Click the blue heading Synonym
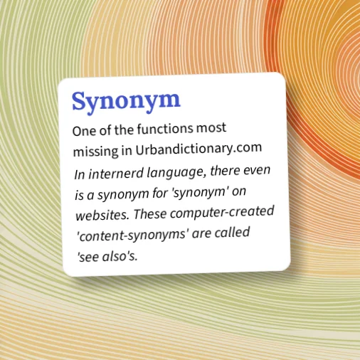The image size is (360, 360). point(126,101)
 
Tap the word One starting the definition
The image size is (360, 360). point(83,132)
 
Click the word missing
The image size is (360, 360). point(95,152)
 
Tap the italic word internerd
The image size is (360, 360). point(119,174)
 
